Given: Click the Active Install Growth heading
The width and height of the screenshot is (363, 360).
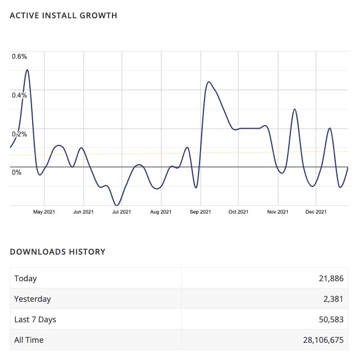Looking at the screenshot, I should click(64, 16).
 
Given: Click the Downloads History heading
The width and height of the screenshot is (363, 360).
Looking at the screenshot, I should click(58, 252).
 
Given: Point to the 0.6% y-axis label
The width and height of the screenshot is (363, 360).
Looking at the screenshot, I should click(19, 57).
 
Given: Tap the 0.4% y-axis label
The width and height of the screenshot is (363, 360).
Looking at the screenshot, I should click(19, 95).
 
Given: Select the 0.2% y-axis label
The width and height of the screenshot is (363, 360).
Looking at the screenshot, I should click(19, 134).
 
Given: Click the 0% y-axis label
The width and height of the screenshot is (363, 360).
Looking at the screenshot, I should click(17, 173).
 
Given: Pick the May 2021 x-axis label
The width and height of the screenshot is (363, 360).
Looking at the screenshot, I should click(44, 211).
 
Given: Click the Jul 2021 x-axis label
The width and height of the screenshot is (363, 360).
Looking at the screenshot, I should click(121, 211).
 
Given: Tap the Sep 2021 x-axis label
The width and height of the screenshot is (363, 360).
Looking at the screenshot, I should click(200, 211).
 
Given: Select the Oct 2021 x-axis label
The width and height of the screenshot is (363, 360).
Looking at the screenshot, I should click(238, 211).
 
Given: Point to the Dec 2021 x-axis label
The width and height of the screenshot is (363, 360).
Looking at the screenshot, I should click(316, 211).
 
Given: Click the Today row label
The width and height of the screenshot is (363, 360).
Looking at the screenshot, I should click(25, 278).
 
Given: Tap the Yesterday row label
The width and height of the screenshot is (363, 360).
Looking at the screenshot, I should click(33, 299).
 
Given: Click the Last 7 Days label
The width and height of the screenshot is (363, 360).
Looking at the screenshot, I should click(35, 320).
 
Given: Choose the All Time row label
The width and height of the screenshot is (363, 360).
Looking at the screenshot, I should click(29, 339).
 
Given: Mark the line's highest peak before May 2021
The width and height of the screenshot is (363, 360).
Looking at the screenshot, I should click(27, 70).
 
